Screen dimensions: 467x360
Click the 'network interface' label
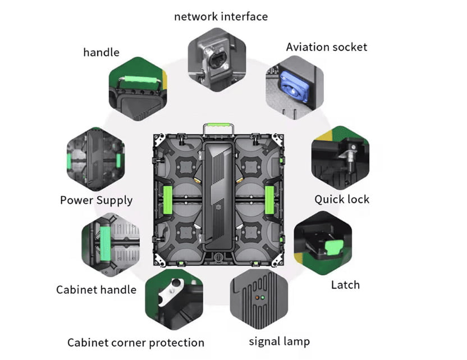[221, 17]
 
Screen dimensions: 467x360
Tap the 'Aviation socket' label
[327, 47]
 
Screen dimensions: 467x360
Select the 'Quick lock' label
[342, 199]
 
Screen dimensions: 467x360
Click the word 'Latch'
[345, 285]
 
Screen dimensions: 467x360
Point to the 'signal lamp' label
[279, 341]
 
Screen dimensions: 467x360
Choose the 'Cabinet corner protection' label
[136, 343]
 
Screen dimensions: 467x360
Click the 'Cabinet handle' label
[96, 290]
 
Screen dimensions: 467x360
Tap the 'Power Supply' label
[96, 200]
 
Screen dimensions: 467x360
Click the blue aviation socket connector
[294, 86]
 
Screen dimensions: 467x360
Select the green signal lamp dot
[262, 298]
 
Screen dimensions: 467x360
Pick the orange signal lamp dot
[257, 298]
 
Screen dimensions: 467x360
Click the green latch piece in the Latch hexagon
[333, 247]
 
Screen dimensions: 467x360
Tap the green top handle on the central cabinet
[218, 125]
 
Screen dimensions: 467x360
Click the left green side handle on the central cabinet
[168, 200]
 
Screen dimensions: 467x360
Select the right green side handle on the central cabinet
[269, 200]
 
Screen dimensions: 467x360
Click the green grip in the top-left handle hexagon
[140, 80]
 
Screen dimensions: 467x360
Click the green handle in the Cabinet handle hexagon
[105, 243]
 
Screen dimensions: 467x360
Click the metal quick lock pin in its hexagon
[351, 157]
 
